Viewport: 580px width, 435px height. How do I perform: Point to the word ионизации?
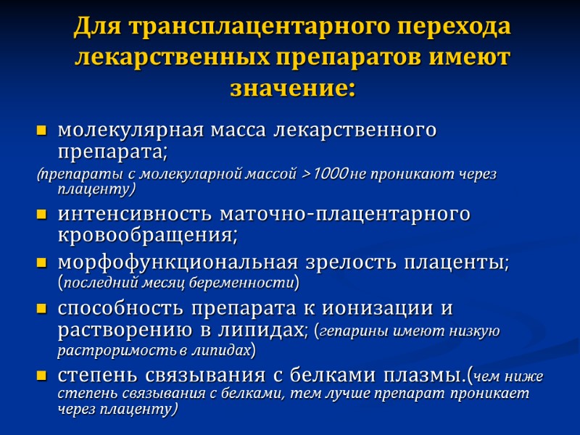pos(370,307)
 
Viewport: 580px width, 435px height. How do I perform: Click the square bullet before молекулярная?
pos(41,132)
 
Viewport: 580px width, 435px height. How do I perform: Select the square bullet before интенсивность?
pos(41,216)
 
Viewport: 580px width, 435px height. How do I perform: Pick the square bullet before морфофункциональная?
pos(41,263)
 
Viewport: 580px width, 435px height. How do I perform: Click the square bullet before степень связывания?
pos(41,377)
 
